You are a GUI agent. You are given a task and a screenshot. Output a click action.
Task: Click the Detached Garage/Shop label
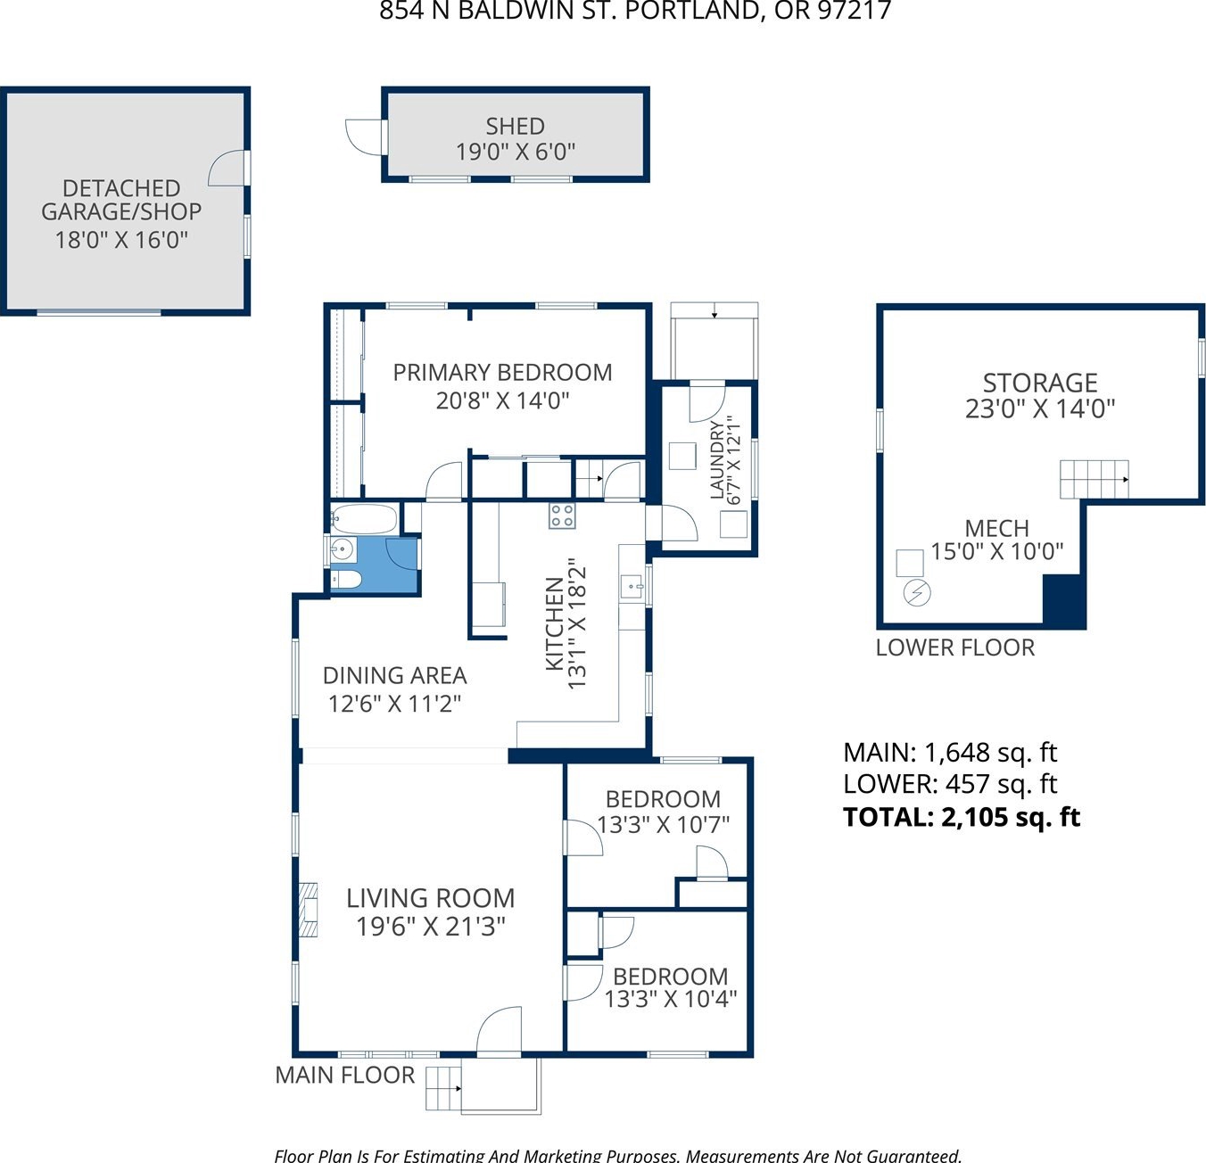pos(121,200)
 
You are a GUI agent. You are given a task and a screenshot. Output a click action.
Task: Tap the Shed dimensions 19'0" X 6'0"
pos(515,152)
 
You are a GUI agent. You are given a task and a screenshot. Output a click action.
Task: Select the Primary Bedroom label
pos(502,373)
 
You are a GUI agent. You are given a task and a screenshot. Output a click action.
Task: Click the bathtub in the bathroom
pos(363,518)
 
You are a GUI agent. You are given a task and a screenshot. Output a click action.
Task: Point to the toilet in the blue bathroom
pos(346,579)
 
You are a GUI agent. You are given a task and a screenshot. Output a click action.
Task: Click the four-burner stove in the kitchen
pos(561,516)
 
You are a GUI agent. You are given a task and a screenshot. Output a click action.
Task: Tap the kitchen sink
pos(632,586)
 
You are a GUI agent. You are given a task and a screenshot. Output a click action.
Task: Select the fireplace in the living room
pos(309,910)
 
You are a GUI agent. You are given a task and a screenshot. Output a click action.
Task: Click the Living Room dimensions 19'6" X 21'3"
pos(430,927)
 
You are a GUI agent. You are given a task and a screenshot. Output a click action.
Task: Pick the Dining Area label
pos(394,675)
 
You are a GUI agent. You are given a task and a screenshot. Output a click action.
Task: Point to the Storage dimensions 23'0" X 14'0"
pos(1039,409)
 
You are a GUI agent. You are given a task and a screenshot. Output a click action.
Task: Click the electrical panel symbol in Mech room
pos(917,593)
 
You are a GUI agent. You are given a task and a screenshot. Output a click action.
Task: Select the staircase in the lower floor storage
pos(1094,479)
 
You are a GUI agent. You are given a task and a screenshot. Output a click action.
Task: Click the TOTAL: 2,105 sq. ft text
pos(962,817)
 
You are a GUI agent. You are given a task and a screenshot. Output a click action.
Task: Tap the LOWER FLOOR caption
pos(955,647)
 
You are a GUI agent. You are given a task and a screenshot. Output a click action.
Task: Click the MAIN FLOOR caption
pos(344,1075)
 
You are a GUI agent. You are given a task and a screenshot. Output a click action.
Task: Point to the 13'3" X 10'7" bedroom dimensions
pos(663,825)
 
